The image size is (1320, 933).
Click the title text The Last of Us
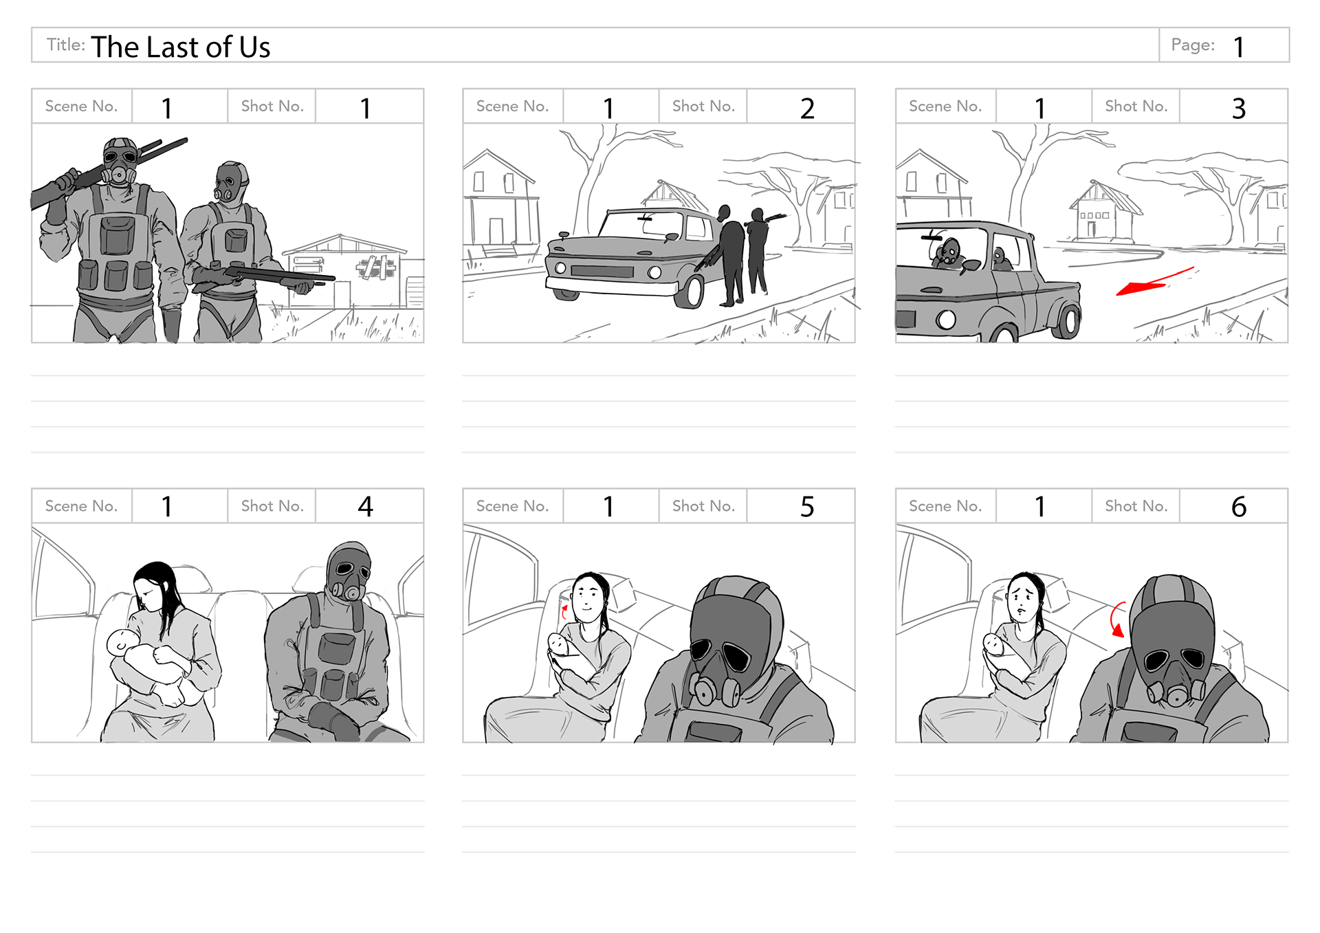pos(181,47)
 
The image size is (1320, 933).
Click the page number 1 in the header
pos(1238,47)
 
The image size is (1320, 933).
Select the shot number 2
pos(807,108)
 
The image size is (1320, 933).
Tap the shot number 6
pos(1238,507)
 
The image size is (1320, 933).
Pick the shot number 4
pos(365,507)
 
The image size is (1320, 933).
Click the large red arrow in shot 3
pos(1155,281)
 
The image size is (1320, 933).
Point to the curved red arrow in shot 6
pos(1117,619)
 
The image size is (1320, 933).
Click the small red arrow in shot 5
pos(564,611)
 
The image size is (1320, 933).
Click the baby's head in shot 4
pos(120,643)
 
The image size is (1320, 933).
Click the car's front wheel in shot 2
pos(690,290)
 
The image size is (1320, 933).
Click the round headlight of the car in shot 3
pos(946,320)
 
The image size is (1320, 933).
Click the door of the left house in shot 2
pos(496,230)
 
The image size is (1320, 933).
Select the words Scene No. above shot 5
pos(512,506)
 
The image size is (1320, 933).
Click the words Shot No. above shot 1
pos(272,106)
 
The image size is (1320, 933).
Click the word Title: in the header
pos(66,45)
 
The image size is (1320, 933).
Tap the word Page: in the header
pos(1193,45)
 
